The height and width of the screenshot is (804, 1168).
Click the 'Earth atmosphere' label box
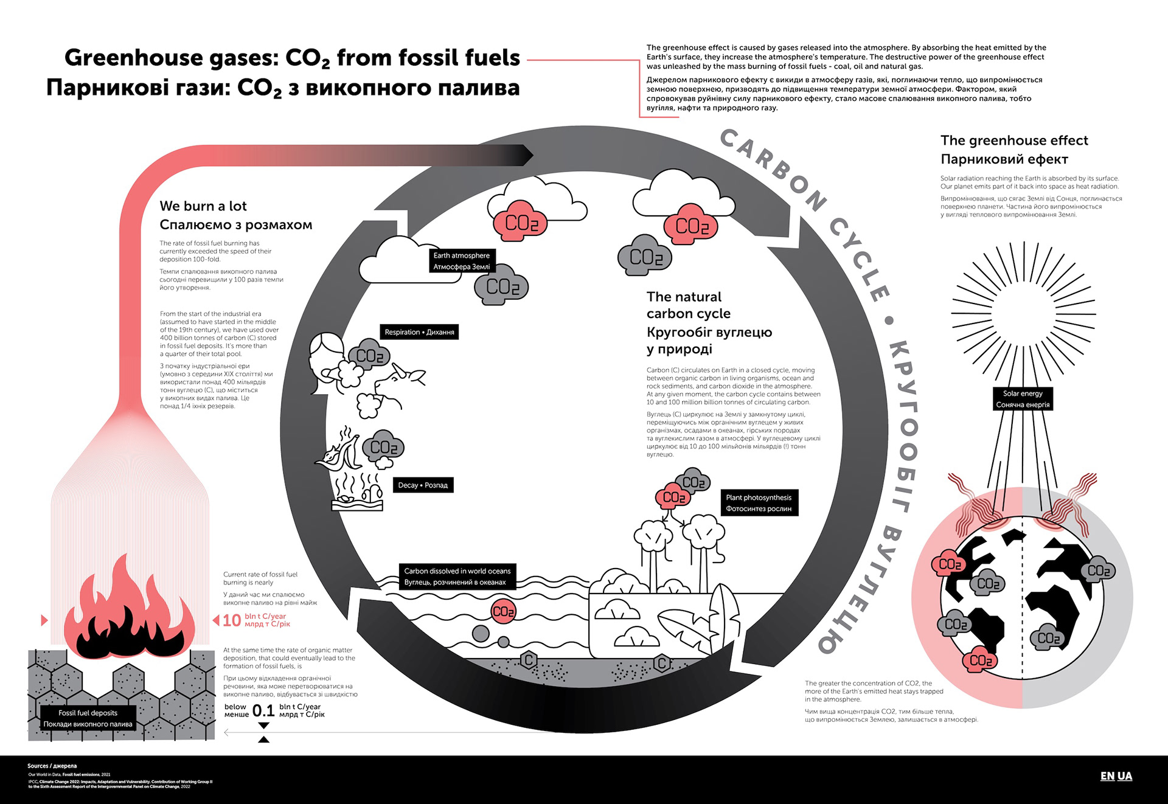tap(461, 261)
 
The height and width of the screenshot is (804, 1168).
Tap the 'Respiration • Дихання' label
tap(419, 332)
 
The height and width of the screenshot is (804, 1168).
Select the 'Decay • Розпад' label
tap(423, 485)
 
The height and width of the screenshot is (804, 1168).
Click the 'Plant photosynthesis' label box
tap(759, 503)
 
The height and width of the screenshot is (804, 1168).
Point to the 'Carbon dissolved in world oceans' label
tap(457, 577)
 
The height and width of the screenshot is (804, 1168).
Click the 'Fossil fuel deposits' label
tap(88, 718)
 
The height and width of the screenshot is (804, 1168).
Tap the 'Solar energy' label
tap(1023, 399)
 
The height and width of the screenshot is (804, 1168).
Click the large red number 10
tap(232, 620)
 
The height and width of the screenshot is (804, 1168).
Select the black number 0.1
tap(263, 710)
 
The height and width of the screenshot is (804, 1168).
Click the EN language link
tap(1107, 776)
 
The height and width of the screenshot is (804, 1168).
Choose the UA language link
tap(1125, 776)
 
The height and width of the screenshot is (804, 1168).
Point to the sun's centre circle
tap(1023, 314)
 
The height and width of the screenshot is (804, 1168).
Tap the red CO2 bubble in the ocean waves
tap(503, 611)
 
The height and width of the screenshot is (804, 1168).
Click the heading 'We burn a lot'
tap(203, 206)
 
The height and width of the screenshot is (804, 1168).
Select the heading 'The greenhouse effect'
tap(1014, 140)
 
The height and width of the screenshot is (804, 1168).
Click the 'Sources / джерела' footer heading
tap(52, 766)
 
